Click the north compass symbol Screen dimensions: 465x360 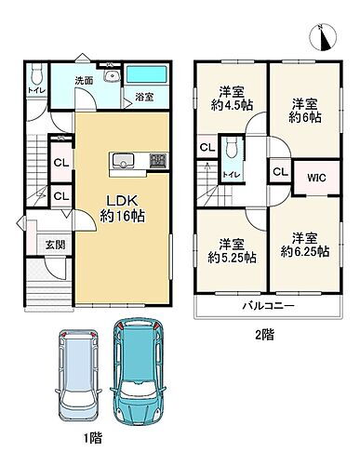point(325,36)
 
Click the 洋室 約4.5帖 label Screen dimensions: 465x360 point(230,98)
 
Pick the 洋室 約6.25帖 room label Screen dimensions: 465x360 point(303,243)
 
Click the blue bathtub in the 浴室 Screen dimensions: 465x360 point(144,74)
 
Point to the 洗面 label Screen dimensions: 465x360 point(85,81)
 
